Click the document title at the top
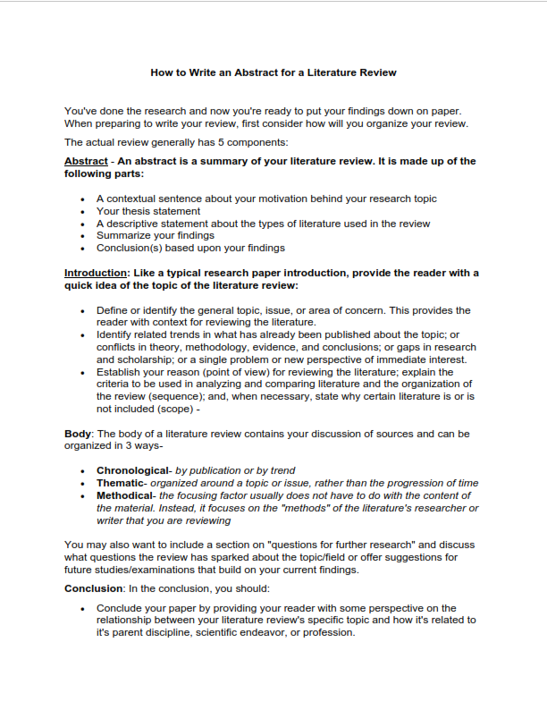click(x=273, y=72)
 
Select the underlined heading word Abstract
click(x=86, y=162)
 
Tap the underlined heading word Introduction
click(x=97, y=273)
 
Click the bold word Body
click(x=78, y=434)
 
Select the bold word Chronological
click(x=132, y=470)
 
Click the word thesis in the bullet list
click(x=137, y=211)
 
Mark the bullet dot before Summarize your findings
click(x=82, y=236)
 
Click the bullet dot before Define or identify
click(x=82, y=311)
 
